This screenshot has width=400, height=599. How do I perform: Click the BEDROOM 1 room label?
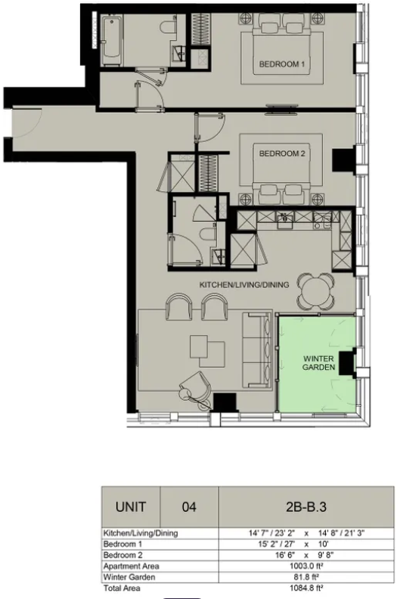281,65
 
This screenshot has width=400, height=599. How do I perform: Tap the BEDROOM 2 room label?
281,154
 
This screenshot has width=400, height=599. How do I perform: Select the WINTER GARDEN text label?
318,362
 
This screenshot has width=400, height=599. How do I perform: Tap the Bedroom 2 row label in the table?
122,554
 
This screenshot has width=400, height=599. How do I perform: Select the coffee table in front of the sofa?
206,348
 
